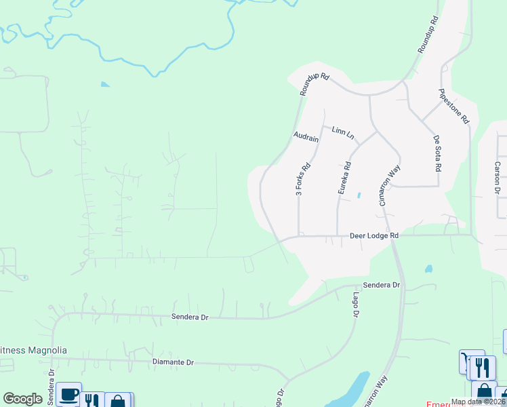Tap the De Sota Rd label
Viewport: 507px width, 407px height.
pyautogui.click(x=438, y=153)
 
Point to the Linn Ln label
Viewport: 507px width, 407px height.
pyautogui.click(x=343, y=132)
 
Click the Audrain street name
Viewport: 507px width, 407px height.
pyautogui.click(x=306, y=137)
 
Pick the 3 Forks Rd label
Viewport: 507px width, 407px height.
pyautogui.click(x=303, y=179)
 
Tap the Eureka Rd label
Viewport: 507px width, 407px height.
pyautogui.click(x=344, y=178)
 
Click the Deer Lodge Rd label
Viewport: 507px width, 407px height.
pyautogui.click(x=373, y=235)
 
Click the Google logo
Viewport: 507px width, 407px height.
pyautogui.click(x=22, y=399)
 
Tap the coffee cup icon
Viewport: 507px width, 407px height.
pyautogui.click(x=68, y=395)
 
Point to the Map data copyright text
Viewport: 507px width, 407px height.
pyautogui.click(x=478, y=402)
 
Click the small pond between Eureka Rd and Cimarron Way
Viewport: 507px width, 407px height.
pyautogui.click(x=359, y=195)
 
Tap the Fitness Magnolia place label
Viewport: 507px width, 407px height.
pyautogui.click(x=34, y=350)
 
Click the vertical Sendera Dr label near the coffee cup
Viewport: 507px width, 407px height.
pyautogui.click(x=51, y=390)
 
